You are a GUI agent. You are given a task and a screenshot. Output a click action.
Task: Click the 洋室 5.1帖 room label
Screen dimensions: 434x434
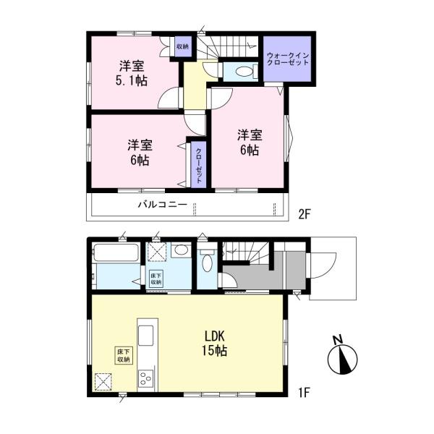point(132,72)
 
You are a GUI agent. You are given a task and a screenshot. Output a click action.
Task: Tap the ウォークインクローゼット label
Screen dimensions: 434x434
point(287,59)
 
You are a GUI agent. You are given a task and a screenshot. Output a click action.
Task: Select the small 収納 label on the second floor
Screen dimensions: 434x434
point(182,47)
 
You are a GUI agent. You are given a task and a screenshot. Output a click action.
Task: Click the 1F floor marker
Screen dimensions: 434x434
point(303,393)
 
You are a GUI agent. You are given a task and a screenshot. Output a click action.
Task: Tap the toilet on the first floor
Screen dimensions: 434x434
point(208,261)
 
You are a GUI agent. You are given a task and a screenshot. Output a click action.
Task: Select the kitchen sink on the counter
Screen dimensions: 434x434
point(145,336)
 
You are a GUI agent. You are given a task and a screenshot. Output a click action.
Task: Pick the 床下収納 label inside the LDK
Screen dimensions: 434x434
point(122,355)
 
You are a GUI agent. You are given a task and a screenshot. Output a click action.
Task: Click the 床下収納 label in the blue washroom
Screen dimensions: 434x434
point(156,279)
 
